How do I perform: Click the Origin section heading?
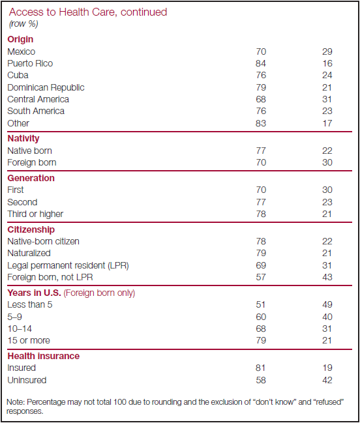click(x=20, y=39)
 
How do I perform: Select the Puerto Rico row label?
click(x=30, y=63)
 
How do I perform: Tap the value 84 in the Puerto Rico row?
click(x=261, y=63)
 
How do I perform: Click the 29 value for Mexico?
click(x=327, y=51)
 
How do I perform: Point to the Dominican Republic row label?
click(x=46, y=87)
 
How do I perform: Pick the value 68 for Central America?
click(x=261, y=99)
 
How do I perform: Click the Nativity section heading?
click(x=23, y=138)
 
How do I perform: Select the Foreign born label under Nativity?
click(x=32, y=163)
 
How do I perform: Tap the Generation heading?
click(x=31, y=178)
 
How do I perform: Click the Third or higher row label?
click(x=35, y=214)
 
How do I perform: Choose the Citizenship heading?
click(x=31, y=229)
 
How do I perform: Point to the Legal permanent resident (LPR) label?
click(x=68, y=265)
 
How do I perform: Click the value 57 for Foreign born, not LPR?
click(x=261, y=277)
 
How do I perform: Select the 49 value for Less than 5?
click(x=327, y=304)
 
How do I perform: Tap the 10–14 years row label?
click(x=20, y=328)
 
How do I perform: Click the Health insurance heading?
click(x=44, y=356)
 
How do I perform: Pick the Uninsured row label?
click(x=27, y=380)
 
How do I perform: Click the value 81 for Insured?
click(x=261, y=368)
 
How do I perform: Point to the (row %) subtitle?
click(x=23, y=24)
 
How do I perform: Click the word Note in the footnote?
click(x=16, y=402)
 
